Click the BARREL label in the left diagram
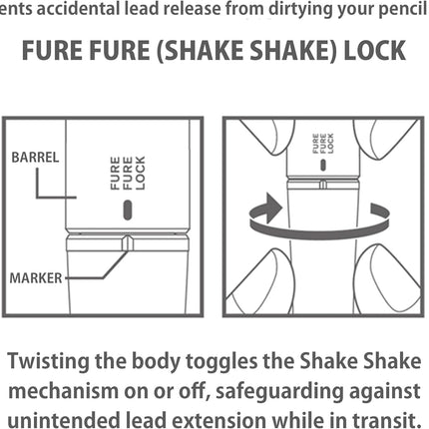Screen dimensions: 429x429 pos(35,158)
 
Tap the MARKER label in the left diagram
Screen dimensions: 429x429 pos(36,278)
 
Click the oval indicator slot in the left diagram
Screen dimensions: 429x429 pos(128,210)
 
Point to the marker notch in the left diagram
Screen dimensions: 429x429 pos(128,243)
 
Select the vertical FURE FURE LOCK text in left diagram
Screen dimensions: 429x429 pos(128,173)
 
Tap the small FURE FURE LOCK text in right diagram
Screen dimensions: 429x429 pos(323,144)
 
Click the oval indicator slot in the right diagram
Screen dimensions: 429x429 pos(322,165)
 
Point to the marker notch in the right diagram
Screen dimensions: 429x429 pos(322,184)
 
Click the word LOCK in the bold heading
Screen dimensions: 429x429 pos(374,51)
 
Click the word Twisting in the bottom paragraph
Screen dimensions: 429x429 pos(49,361)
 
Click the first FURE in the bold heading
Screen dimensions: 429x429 pos(53,51)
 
